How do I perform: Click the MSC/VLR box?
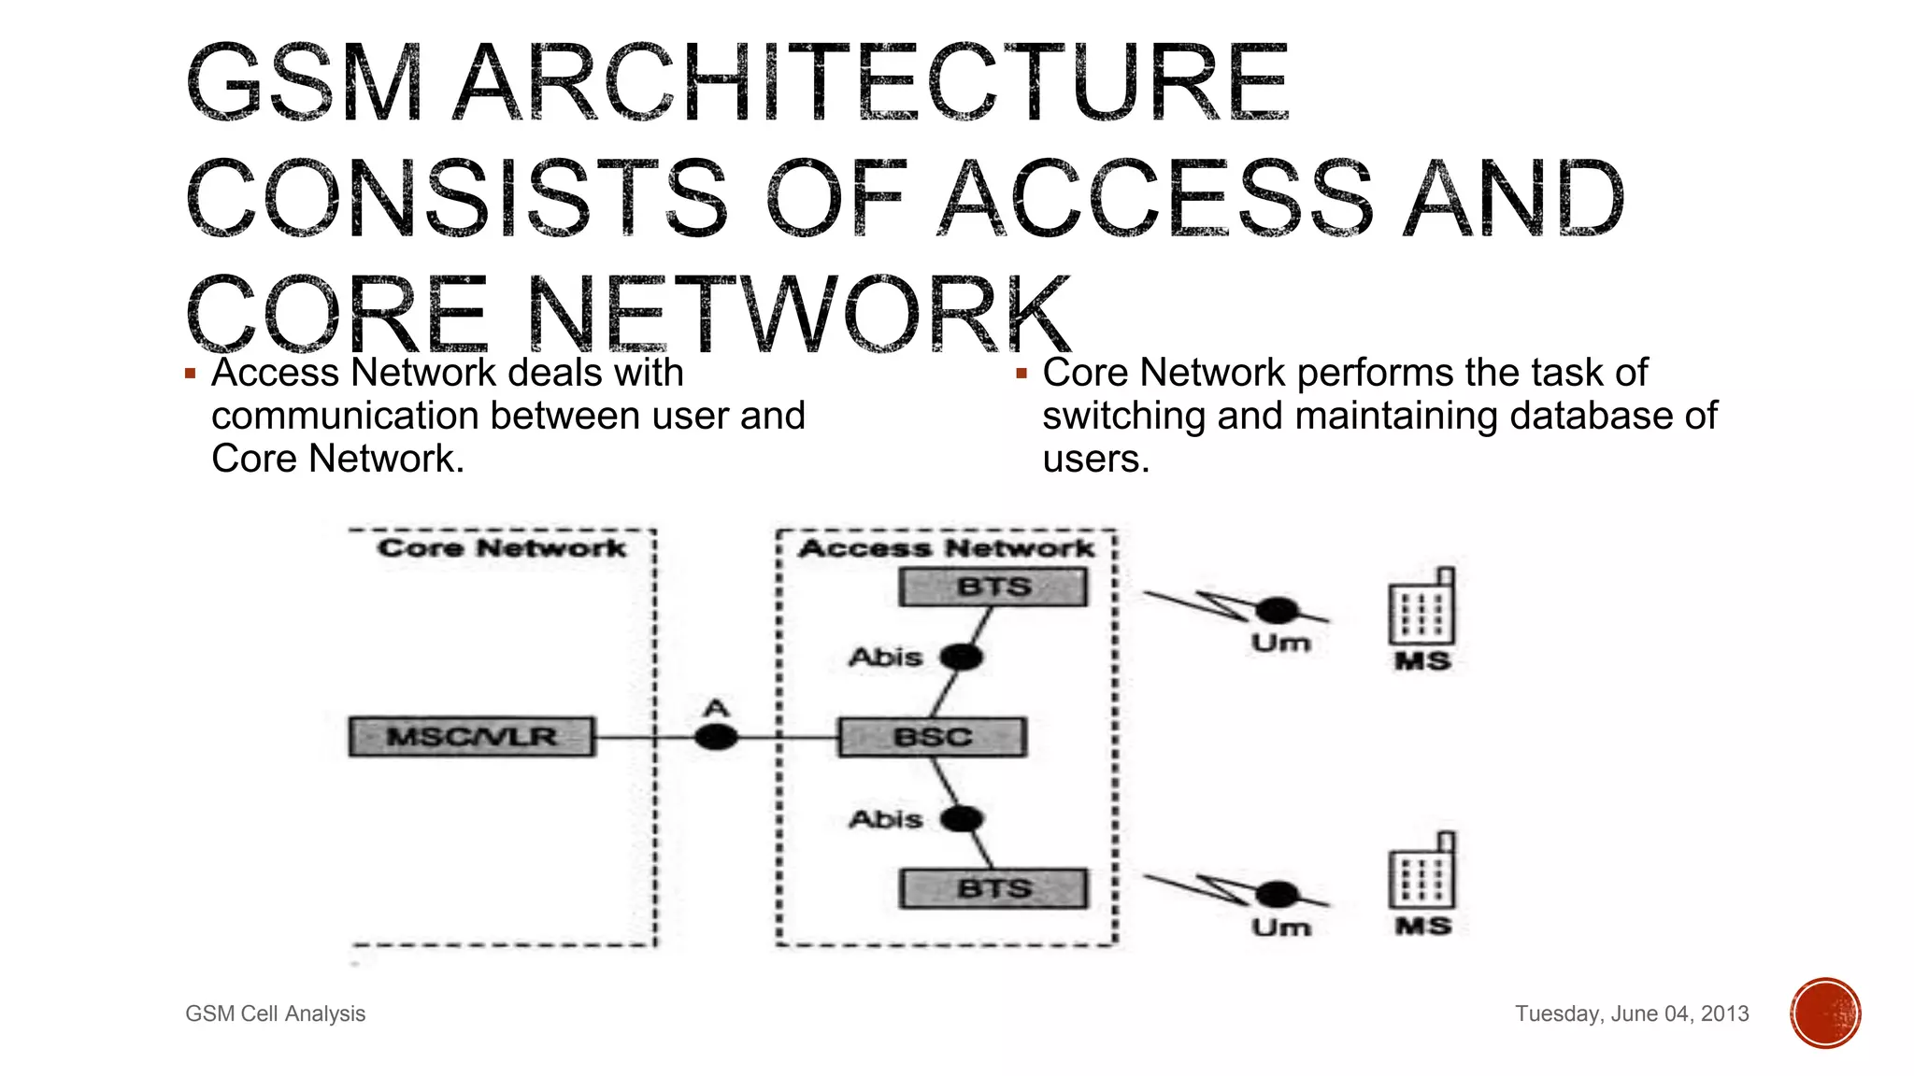click(472, 736)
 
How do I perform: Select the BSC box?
click(933, 737)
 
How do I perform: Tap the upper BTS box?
click(993, 588)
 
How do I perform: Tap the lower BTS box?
click(993, 888)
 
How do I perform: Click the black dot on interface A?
click(716, 738)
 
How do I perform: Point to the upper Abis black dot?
click(962, 658)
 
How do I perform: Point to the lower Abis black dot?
click(962, 819)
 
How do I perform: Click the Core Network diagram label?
click(502, 547)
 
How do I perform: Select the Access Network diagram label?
click(946, 548)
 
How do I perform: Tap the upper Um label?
click(1280, 644)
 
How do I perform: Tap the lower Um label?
click(1280, 927)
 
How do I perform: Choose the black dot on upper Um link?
click(1277, 611)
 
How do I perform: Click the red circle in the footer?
click(1825, 1013)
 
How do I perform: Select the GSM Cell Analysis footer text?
click(275, 1013)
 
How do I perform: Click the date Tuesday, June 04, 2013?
click(1632, 1013)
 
